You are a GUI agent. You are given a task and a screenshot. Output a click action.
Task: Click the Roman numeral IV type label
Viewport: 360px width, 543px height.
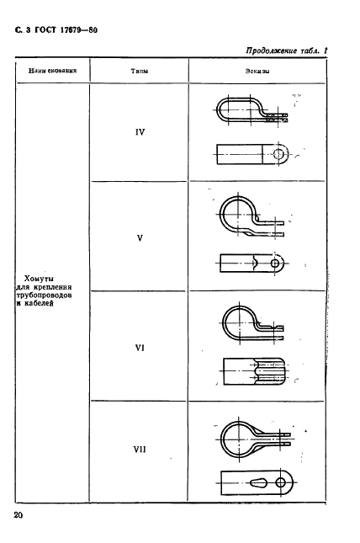click(140, 132)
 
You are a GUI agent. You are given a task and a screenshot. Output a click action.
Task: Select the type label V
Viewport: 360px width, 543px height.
click(140, 238)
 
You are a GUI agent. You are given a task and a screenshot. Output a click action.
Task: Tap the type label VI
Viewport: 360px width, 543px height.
click(140, 348)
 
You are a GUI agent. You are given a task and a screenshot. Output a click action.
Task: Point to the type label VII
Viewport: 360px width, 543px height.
click(140, 450)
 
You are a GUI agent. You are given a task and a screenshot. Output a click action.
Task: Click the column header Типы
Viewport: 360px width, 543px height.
click(140, 71)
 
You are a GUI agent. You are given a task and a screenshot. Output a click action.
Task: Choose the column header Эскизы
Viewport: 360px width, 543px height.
click(257, 71)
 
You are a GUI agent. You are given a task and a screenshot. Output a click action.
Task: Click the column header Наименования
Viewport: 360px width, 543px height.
click(53, 71)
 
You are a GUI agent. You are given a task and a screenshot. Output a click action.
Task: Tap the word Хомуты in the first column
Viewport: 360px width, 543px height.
click(39, 279)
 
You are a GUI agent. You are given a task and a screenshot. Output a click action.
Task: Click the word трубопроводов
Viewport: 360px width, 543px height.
click(45, 295)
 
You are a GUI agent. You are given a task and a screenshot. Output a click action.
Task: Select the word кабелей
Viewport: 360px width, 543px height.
click(40, 304)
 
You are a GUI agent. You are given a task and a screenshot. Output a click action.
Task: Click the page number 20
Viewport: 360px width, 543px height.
click(19, 515)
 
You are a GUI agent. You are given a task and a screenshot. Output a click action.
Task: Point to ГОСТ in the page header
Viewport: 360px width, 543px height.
click(45, 30)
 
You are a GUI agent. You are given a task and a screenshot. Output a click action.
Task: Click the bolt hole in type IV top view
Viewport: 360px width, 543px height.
click(278, 153)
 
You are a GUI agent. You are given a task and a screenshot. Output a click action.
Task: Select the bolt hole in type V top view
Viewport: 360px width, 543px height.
click(275, 264)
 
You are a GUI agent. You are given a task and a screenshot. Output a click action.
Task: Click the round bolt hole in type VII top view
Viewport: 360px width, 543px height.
click(281, 482)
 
